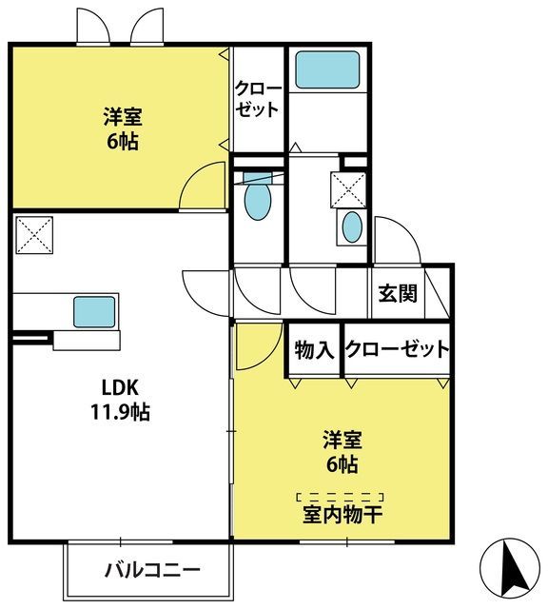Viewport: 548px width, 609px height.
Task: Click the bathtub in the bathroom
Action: click(x=327, y=69)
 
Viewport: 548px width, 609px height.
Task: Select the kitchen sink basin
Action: click(x=94, y=311)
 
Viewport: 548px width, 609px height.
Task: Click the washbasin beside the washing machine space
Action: click(x=352, y=226)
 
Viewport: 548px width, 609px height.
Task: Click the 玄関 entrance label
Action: click(x=398, y=293)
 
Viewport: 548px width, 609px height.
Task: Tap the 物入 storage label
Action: click(x=314, y=349)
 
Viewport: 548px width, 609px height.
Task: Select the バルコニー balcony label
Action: click(x=152, y=570)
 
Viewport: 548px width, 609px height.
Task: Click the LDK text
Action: click(x=120, y=387)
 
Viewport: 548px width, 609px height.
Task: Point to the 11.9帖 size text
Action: click(x=121, y=412)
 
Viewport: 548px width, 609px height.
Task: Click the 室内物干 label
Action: click(x=342, y=515)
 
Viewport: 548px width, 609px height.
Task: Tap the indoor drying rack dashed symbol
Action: click(x=341, y=496)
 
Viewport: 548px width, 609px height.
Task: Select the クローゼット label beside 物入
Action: click(x=398, y=349)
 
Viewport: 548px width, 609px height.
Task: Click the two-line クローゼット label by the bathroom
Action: click(x=258, y=99)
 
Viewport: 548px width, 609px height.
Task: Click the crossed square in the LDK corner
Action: click(x=34, y=235)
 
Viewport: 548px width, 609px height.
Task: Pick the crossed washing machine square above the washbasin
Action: click(x=348, y=190)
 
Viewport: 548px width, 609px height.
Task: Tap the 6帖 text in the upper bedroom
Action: click(x=123, y=142)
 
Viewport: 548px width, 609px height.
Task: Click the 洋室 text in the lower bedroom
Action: click(x=342, y=440)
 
